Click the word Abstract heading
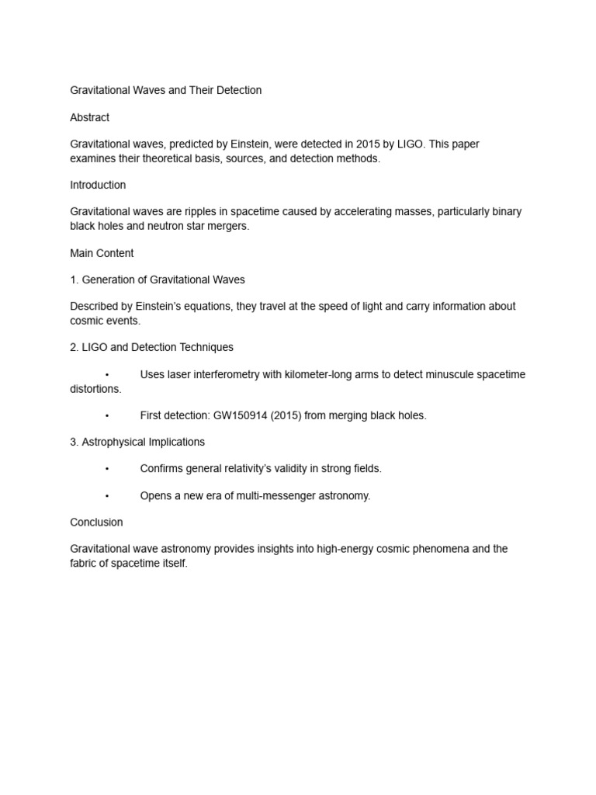pos(89,117)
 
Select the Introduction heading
pos(98,185)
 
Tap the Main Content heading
pos(102,253)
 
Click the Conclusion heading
pos(96,522)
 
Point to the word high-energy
pos(336,548)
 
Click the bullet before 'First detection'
pos(107,415)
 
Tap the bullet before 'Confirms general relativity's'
pos(107,469)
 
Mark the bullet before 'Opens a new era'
pos(107,495)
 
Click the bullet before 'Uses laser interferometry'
pos(107,374)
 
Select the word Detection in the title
pos(237,90)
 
